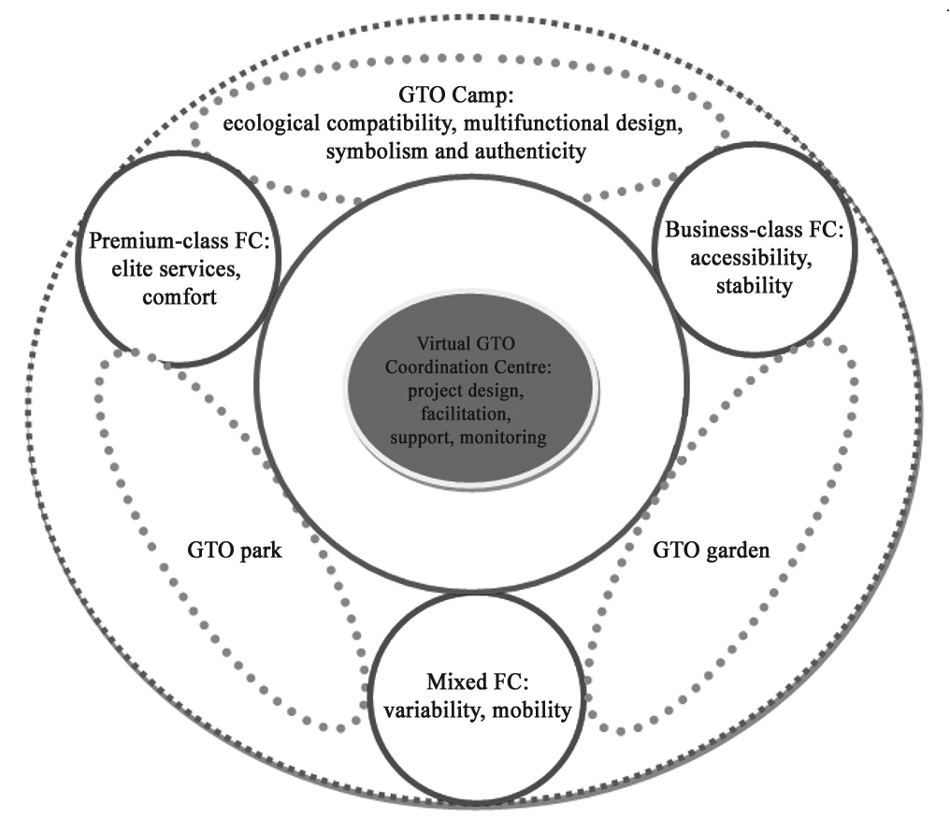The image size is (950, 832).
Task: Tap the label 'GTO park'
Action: (x=228, y=551)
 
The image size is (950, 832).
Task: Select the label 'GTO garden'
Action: (x=709, y=551)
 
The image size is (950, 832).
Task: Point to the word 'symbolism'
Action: (x=371, y=151)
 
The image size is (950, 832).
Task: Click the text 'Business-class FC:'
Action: (x=754, y=230)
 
